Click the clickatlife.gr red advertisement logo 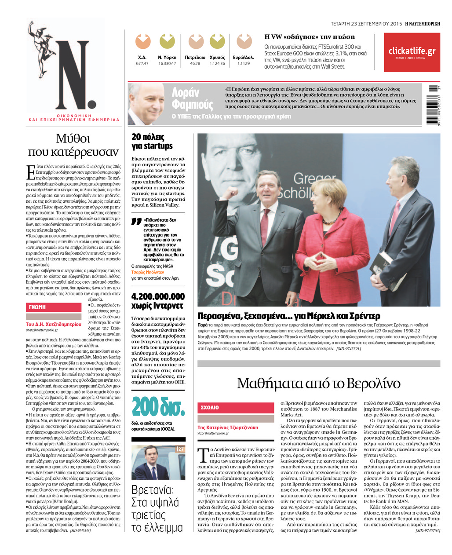(x=412, y=52)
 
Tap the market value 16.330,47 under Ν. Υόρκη (x=167, y=63)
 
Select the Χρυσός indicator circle (x=217, y=41)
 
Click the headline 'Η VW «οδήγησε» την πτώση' (x=309, y=37)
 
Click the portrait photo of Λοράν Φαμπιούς (x=146, y=104)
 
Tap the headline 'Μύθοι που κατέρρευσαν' (x=73, y=145)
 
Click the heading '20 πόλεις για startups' (x=152, y=141)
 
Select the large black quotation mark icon (x=136, y=222)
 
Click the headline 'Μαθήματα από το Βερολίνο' (x=318, y=383)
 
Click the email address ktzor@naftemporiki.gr (x=213, y=433)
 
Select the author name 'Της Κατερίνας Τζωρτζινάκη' (x=228, y=427)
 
